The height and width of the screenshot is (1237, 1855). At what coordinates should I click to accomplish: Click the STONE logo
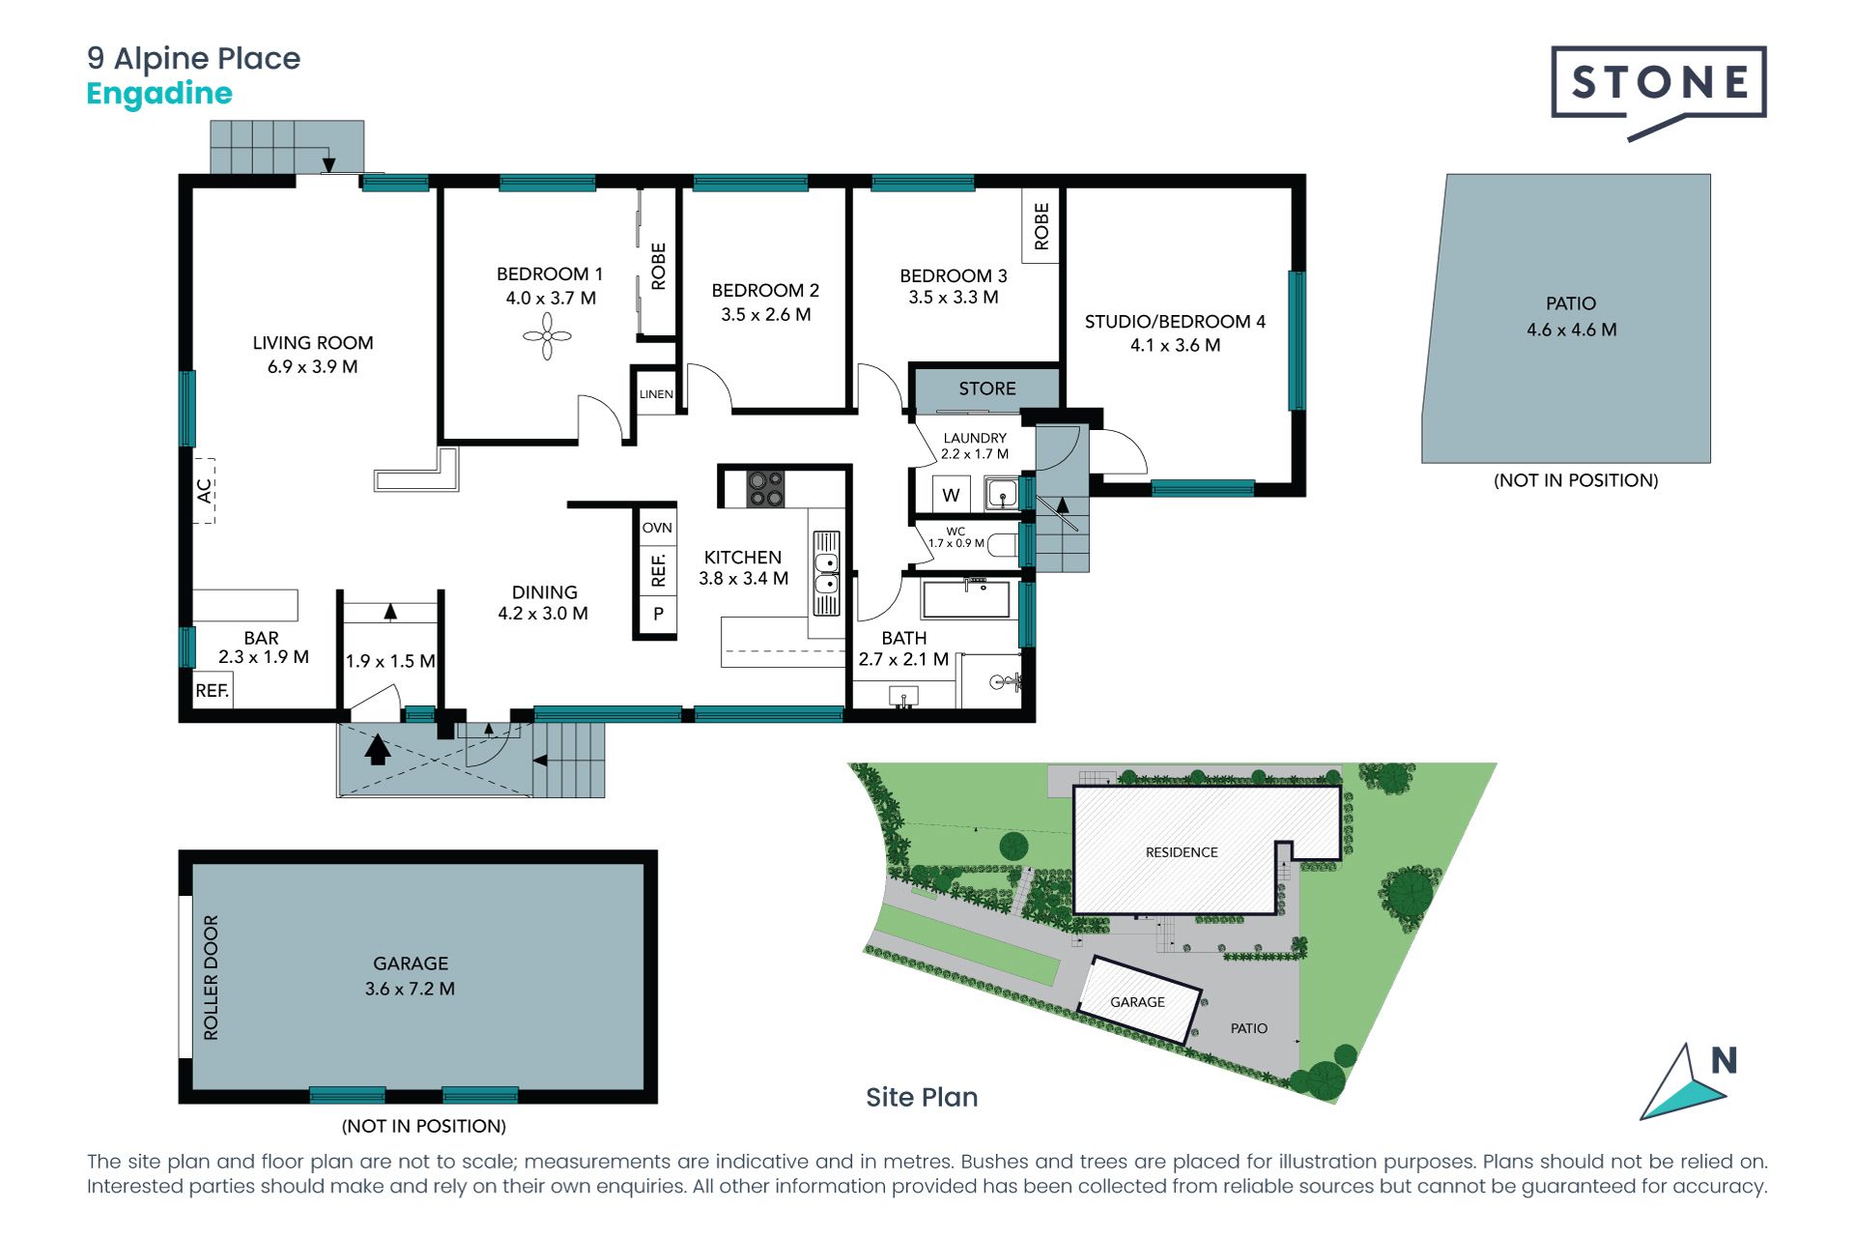click(x=1659, y=93)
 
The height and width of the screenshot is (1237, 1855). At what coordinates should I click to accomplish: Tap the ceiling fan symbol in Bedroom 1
click(x=547, y=336)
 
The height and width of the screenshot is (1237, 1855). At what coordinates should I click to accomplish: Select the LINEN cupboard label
click(x=656, y=394)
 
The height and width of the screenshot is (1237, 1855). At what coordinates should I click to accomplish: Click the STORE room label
click(x=986, y=388)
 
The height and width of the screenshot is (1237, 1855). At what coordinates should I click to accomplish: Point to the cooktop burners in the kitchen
click(x=766, y=489)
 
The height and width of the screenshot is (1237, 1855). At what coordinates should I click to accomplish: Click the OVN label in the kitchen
click(x=657, y=528)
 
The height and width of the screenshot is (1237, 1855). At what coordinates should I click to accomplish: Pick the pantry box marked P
click(x=657, y=614)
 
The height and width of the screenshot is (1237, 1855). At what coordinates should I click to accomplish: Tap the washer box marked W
click(x=952, y=495)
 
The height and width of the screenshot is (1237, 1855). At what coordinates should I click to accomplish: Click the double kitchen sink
click(x=826, y=573)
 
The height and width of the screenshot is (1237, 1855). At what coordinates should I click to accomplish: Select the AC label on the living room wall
click(x=204, y=491)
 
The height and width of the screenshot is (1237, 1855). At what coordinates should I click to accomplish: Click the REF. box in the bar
click(x=213, y=691)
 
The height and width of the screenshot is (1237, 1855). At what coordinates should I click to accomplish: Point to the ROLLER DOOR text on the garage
click(x=211, y=977)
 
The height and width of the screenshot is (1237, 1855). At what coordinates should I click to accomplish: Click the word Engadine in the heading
click(x=159, y=95)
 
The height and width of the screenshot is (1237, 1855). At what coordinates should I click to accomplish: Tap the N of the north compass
click(x=1724, y=1060)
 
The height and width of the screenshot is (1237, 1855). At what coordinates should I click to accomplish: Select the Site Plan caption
click(x=922, y=1097)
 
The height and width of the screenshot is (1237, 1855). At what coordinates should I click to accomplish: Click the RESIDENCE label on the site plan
click(x=1182, y=852)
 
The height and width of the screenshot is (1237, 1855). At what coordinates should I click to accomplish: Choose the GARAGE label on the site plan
click(x=1137, y=1002)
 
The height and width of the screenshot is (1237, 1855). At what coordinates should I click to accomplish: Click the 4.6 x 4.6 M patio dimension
click(x=1571, y=330)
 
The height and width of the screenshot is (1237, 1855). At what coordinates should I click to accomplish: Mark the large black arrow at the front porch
click(x=378, y=749)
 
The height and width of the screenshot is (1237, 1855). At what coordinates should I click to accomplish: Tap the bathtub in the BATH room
click(x=966, y=599)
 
